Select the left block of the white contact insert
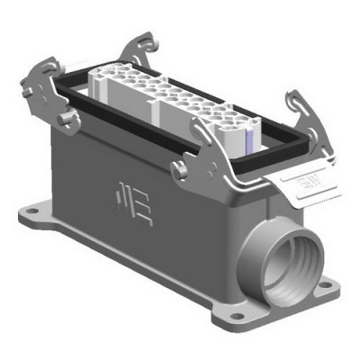click(121, 89)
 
